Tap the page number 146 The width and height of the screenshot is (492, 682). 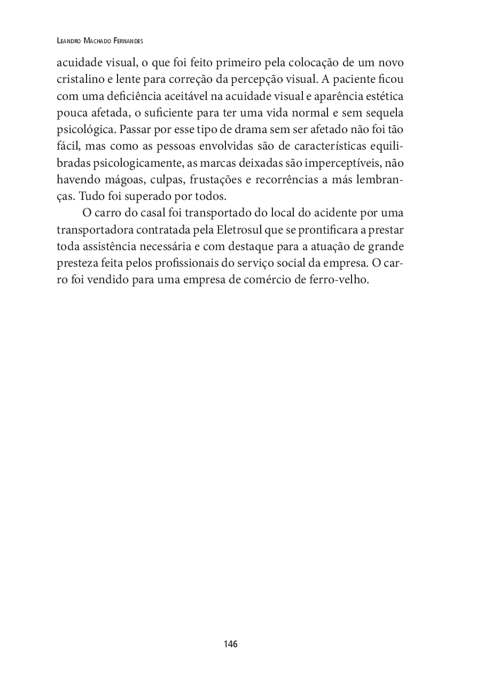pyautogui.click(x=231, y=644)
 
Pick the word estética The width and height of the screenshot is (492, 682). pyautogui.click(x=385, y=97)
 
